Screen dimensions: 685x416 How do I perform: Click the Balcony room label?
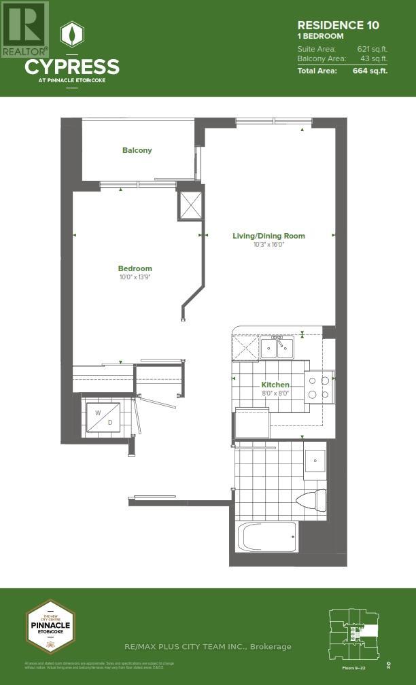click(x=137, y=150)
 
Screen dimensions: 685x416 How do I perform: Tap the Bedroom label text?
click(x=135, y=268)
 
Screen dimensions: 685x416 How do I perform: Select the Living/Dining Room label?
click(x=268, y=236)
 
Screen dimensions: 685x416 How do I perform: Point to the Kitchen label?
click(x=275, y=385)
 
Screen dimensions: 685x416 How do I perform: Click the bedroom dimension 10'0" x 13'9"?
click(x=135, y=277)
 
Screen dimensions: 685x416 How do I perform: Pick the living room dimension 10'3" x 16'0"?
click(x=268, y=245)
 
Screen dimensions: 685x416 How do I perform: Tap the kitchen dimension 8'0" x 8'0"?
click(x=275, y=393)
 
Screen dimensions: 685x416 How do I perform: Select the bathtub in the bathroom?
click(x=266, y=537)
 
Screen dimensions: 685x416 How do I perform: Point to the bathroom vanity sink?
click(x=315, y=460)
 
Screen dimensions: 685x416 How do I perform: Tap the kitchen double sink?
click(x=277, y=348)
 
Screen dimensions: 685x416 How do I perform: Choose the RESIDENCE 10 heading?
click(x=338, y=25)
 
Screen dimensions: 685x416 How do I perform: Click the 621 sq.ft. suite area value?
click(x=372, y=49)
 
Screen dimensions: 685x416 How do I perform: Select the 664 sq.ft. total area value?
click(x=370, y=70)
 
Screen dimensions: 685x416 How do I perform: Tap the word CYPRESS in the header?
click(x=72, y=67)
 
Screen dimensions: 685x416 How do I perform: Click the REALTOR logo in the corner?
click(x=24, y=29)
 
